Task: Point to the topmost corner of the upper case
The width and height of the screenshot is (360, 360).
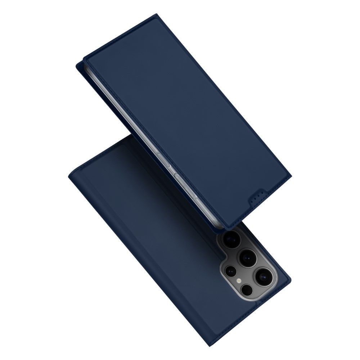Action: tap(157, 15)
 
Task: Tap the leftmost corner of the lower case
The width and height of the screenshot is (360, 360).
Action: tap(68, 173)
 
